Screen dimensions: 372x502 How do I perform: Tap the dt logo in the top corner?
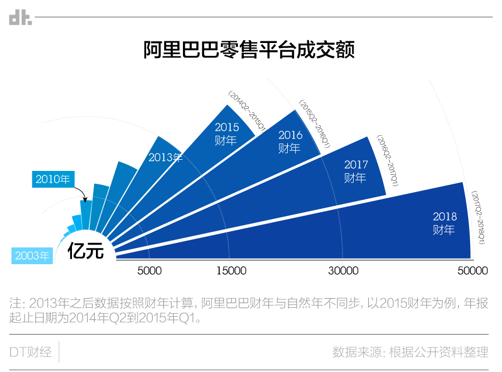[21, 18]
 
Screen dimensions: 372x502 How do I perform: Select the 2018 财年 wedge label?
[445, 223]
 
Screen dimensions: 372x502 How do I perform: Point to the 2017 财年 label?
[356, 171]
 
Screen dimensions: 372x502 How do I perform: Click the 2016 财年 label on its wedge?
[290, 142]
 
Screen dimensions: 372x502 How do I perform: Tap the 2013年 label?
[166, 158]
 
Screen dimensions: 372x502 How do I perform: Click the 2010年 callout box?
[53, 179]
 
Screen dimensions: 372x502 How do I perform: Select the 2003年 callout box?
[32, 256]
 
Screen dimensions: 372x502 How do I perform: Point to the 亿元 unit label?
[85, 251]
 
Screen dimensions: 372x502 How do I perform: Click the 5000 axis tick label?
[149, 271]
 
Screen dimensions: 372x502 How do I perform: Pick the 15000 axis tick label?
[231, 271]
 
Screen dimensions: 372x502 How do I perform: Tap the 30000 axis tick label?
[343, 271]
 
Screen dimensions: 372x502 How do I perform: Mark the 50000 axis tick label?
[472, 271]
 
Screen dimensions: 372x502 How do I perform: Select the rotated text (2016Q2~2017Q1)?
[387, 160]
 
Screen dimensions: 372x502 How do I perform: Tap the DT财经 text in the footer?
[31, 352]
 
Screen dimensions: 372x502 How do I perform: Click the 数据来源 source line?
[410, 352]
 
